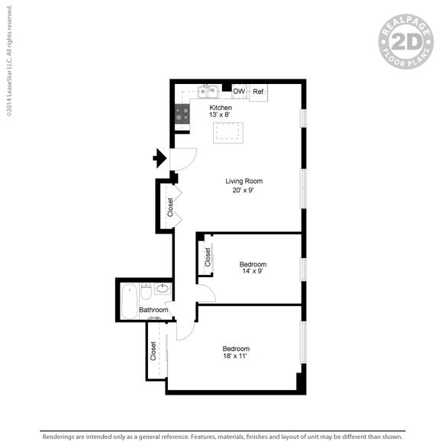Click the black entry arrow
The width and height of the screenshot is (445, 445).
click(x=160, y=159)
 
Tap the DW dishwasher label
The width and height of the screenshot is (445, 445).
click(x=239, y=92)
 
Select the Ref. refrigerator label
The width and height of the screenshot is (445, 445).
click(x=259, y=92)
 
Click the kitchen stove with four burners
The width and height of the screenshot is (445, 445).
click(x=182, y=114)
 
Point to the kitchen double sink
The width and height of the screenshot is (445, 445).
click(x=207, y=92)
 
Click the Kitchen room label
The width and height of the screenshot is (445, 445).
click(x=221, y=108)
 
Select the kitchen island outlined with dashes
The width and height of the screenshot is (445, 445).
click(x=230, y=132)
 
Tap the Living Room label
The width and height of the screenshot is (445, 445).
click(x=243, y=181)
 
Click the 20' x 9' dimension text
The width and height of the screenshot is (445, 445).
click(x=243, y=191)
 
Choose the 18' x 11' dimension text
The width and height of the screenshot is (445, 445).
click(x=236, y=356)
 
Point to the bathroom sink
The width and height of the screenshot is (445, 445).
click(x=162, y=289)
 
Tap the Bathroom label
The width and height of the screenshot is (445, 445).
click(x=153, y=310)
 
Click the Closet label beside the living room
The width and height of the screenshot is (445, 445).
click(x=169, y=206)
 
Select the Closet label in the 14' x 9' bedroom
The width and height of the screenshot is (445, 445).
click(x=207, y=256)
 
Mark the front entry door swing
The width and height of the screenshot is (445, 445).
click(x=185, y=159)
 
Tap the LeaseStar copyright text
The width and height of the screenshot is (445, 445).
click(x=9, y=60)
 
